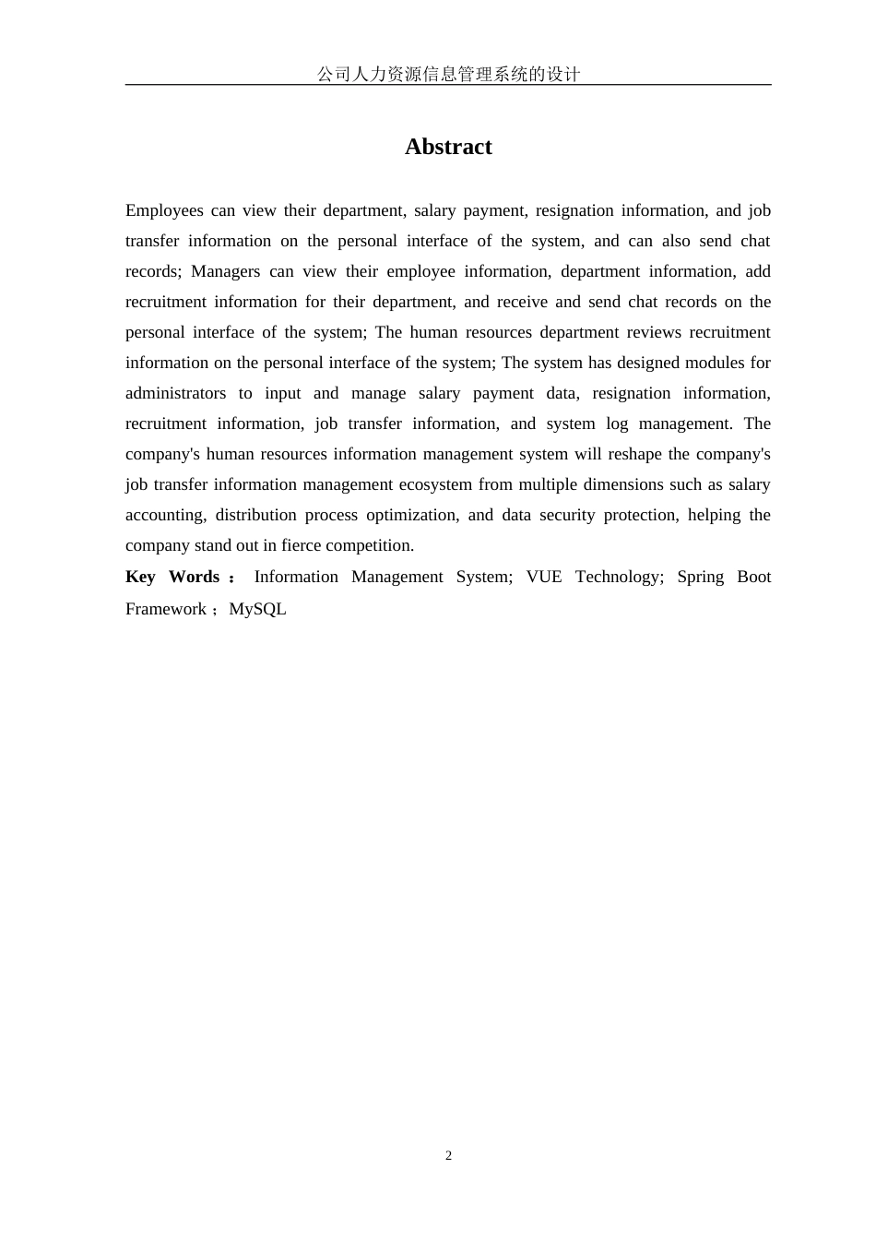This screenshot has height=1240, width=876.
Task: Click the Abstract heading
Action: coord(448,147)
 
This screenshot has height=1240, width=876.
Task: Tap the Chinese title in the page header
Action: coord(448,74)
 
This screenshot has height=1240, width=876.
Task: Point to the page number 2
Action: coord(449,1156)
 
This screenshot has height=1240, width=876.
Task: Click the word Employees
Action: coord(164,210)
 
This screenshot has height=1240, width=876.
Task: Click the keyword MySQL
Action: coord(257,609)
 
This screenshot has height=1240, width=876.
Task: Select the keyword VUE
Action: coord(543,577)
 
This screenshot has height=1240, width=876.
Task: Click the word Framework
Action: coord(166,609)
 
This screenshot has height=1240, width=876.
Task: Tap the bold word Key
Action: coord(140,577)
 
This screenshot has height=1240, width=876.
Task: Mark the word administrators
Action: coord(175,393)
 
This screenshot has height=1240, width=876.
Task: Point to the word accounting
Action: coord(165,515)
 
